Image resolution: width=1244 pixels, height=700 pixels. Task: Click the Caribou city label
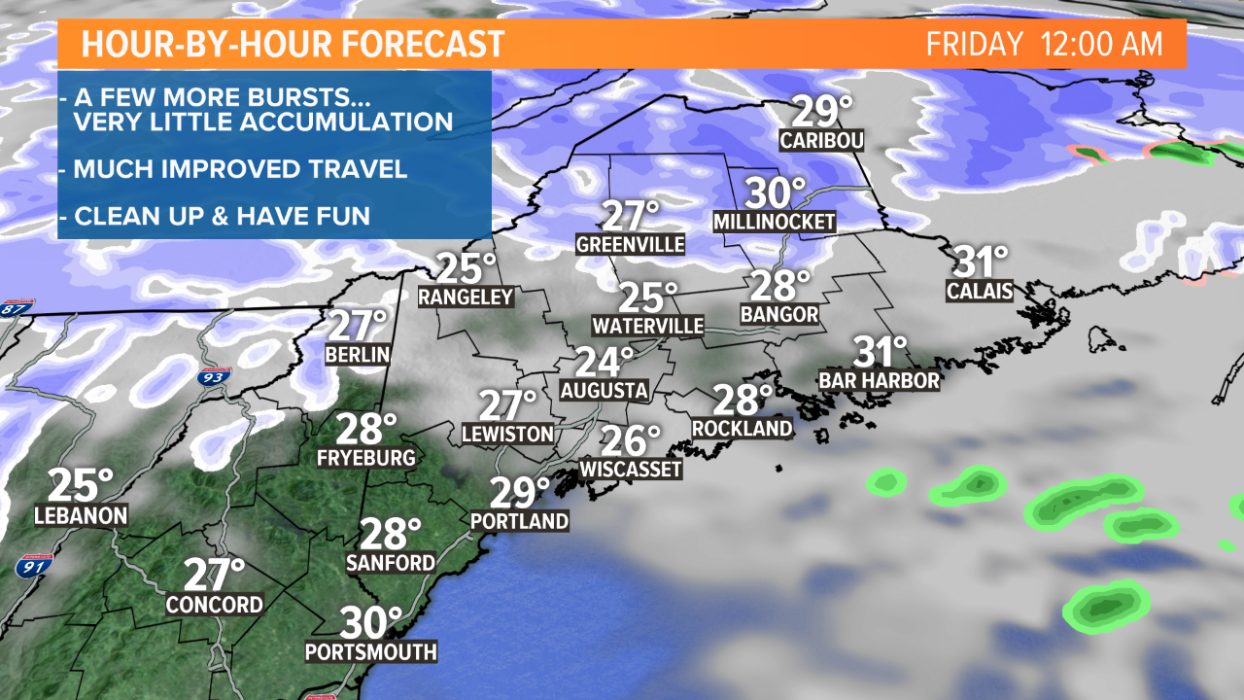click(821, 142)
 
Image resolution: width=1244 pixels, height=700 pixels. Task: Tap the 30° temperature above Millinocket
click(776, 192)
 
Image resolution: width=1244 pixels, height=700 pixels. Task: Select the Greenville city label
click(630, 244)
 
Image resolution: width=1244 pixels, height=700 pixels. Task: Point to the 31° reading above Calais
click(981, 262)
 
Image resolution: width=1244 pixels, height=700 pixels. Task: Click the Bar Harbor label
click(880, 380)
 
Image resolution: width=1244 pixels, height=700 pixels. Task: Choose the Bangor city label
click(778, 315)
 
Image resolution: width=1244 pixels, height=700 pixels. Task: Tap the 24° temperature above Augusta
click(604, 362)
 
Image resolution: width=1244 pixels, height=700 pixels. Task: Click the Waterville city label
click(648, 326)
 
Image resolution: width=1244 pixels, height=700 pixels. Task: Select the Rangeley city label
click(466, 297)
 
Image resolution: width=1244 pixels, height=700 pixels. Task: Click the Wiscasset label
click(631, 470)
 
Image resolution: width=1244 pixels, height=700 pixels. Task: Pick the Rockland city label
click(743, 428)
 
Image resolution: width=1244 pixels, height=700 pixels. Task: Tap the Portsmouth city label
click(370, 651)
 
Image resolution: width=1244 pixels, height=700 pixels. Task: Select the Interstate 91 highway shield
click(30, 564)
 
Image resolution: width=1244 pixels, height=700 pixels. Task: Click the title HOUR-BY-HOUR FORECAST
click(293, 45)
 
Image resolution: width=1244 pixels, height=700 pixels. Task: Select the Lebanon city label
click(81, 515)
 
